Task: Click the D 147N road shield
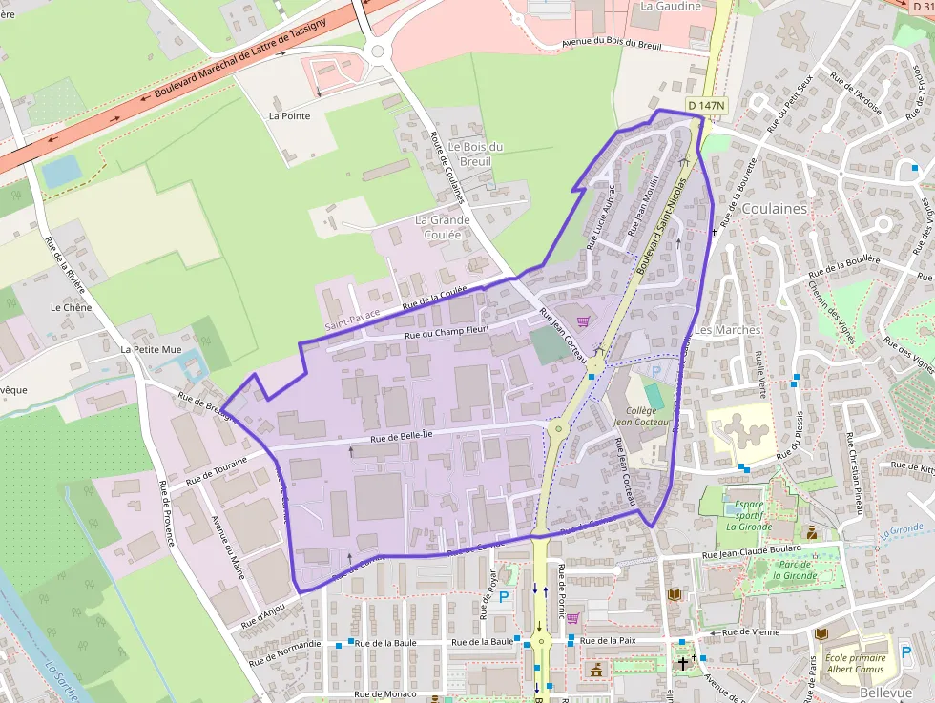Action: click(706, 105)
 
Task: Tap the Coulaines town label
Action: click(774, 208)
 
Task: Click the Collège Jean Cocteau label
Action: click(643, 416)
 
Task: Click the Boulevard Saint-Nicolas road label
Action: click(664, 217)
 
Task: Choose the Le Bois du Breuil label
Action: click(475, 154)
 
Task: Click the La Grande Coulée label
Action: click(443, 227)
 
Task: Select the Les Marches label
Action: click(727, 330)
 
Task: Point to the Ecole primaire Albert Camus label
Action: click(856, 664)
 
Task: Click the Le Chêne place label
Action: click(70, 308)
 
